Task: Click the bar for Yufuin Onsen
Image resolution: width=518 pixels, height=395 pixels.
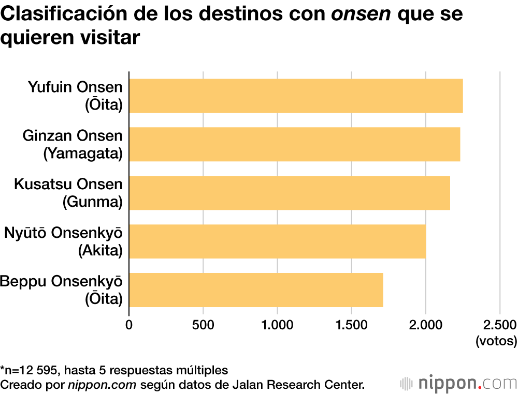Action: coord(296,96)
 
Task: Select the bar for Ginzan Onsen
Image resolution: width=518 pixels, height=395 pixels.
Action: coord(294,144)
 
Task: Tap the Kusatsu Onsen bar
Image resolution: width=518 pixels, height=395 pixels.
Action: coord(289,193)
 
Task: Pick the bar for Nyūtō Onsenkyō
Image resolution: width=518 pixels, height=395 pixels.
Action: coord(277,241)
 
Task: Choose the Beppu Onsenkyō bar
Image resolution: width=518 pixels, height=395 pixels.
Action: coord(256,290)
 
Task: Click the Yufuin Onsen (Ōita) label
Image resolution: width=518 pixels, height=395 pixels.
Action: coord(75,96)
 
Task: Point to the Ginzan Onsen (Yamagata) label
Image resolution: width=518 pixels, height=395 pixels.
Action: coord(73,144)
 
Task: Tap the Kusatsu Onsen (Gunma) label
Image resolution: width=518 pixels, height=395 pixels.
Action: coord(68,193)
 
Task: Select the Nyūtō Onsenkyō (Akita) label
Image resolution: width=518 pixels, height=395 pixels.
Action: coord(63,241)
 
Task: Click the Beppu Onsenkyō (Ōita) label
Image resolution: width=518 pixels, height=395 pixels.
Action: coord(61,290)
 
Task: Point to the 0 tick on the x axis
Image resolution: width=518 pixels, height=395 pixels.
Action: coord(129,325)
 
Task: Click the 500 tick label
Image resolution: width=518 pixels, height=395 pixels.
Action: coord(203,325)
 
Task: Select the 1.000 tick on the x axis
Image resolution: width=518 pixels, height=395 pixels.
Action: coord(277,325)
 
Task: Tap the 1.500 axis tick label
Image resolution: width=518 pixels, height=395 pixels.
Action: coord(351,325)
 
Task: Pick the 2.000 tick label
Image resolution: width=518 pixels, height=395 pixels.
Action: coord(425,325)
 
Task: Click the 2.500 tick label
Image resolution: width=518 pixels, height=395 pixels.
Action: coord(499,325)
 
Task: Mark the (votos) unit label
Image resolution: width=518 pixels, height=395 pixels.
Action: coord(496,341)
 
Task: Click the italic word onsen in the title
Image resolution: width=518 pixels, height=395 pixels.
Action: coord(362,15)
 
